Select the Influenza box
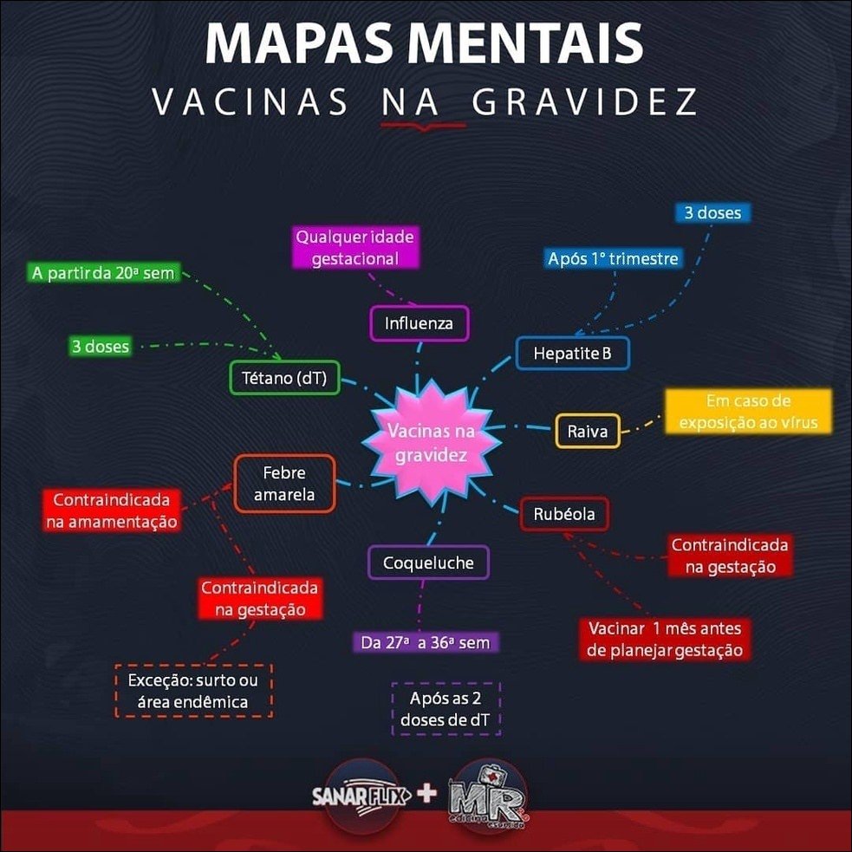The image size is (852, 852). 419,325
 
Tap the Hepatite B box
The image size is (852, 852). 571,353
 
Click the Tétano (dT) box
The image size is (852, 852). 284,377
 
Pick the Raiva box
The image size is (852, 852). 588,431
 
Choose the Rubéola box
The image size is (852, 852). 564,514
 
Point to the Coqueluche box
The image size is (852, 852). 428,563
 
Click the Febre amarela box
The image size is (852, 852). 283,484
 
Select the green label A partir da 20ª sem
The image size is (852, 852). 103,274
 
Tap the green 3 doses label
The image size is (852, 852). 101,347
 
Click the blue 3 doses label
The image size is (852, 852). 712,212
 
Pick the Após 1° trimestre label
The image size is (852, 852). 613,258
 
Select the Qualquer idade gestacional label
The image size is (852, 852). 355,247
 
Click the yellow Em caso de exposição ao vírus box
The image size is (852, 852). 748,412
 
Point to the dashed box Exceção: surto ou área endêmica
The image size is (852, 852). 193,690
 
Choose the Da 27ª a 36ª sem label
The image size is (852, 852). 426,643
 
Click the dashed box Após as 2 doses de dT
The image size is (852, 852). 446,708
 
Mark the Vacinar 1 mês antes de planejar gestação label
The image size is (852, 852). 666,639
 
